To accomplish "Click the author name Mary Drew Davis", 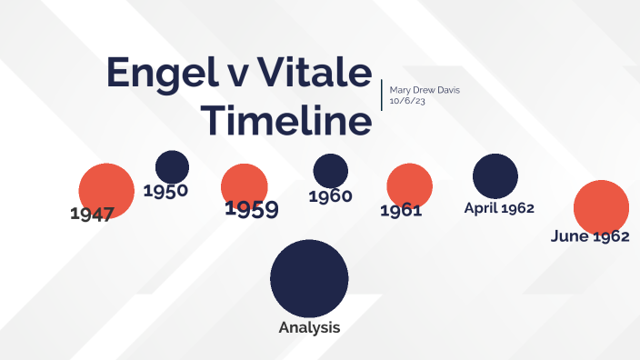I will pyautogui.click(x=425, y=90).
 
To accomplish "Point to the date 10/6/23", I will pyautogui.click(x=405, y=102).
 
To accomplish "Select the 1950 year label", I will pyautogui.click(x=165, y=191).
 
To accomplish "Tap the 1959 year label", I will pyautogui.click(x=251, y=209).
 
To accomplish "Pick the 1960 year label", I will pyautogui.click(x=330, y=195).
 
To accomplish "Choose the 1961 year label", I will pyautogui.click(x=401, y=210).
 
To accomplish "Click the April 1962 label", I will pyautogui.click(x=498, y=207).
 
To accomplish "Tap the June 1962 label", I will pyautogui.click(x=590, y=236).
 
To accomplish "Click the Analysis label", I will pyautogui.click(x=309, y=327).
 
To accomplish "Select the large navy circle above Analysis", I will pyautogui.click(x=309, y=277).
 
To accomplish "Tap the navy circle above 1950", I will pyautogui.click(x=172, y=165).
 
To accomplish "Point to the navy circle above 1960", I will pyautogui.click(x=330, y=170).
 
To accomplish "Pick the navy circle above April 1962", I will pyautogui.click(x=495, y=175).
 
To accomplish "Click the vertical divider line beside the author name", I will pyautogui.click(x=382, y=95).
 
